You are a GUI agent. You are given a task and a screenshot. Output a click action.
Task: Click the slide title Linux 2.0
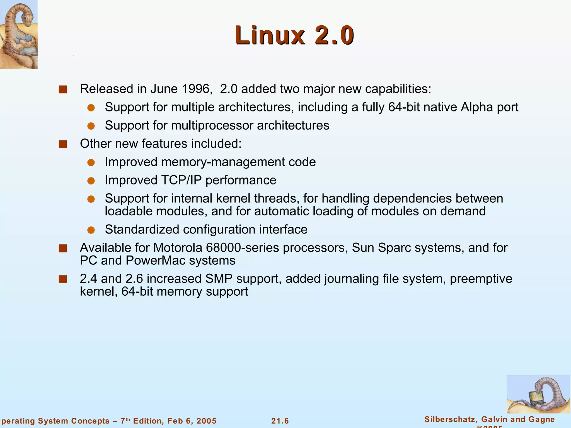[x=294, y=35]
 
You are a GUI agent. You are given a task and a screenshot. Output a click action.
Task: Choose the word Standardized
[x=142, y=230]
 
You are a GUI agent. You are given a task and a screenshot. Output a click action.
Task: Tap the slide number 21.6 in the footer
[x=280, y=421]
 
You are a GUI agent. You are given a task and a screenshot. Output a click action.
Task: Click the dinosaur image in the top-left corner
[x=19, y=34]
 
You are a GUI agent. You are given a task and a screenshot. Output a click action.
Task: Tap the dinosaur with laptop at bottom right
[x=538, y=394]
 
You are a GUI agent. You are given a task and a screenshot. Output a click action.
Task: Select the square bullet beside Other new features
[x=63, y=144]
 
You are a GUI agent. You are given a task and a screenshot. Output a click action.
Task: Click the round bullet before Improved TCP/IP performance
[x=91, y=181]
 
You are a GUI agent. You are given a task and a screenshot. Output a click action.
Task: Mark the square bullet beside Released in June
[x=63, y=89]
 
